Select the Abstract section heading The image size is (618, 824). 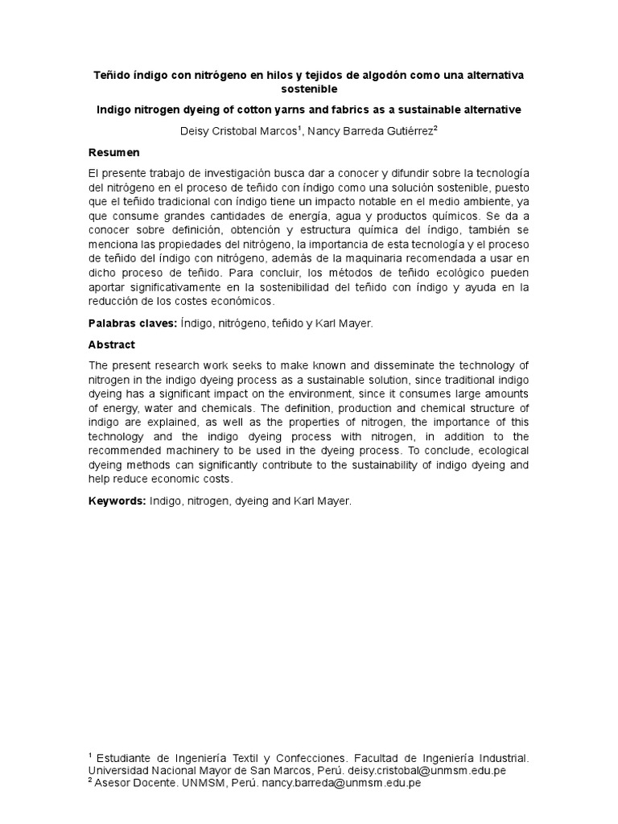(x=111, y=344)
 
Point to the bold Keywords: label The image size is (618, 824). (x=117, y=500)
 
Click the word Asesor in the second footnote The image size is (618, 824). (x=113, y=782)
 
